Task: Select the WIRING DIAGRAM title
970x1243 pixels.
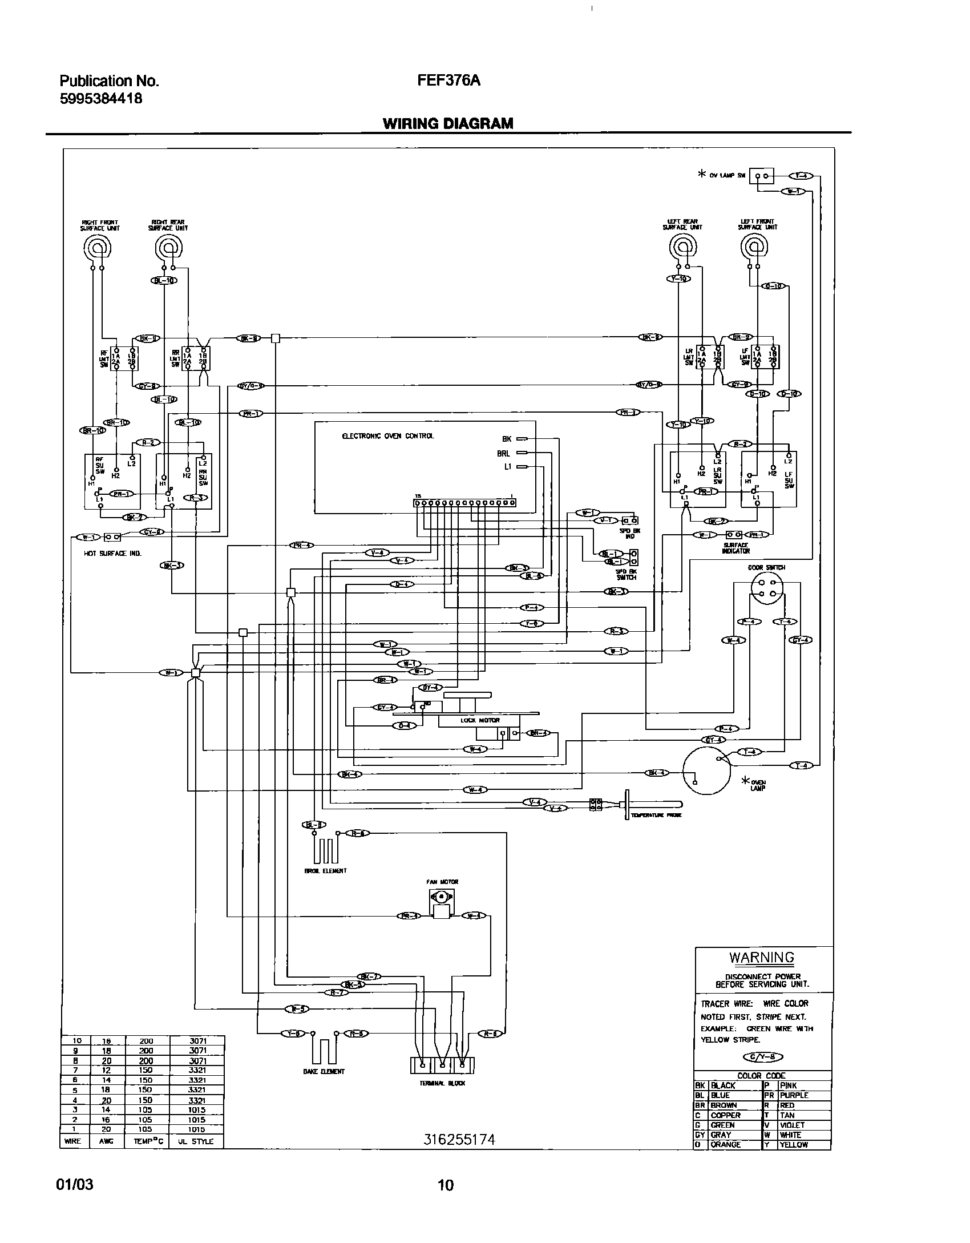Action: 448,123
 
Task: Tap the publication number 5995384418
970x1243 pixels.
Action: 100,99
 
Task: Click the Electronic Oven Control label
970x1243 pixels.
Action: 387,436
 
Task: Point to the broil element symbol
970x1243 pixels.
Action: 325,850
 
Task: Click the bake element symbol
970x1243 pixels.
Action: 323,1050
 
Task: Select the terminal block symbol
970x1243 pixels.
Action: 442,1065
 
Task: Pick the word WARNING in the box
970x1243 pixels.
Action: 762,958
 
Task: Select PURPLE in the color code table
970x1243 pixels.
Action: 794,1095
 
